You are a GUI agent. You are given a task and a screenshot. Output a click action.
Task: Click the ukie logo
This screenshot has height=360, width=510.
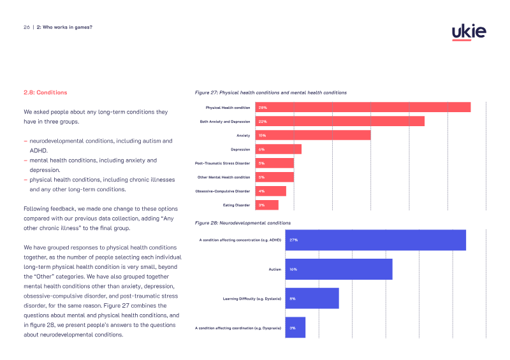(469, 32)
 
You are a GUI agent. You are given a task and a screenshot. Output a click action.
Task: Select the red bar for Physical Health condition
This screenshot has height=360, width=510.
(363, 107)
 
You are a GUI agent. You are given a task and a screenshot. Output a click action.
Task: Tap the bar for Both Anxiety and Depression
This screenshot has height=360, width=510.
(340, 121)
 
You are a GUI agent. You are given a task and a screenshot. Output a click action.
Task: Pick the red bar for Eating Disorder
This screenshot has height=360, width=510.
(266, 205)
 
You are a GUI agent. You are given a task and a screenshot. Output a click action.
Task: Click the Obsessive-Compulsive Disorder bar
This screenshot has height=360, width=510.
(270, 191)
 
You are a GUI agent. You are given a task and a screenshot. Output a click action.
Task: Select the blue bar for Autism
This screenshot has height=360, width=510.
(339, 270)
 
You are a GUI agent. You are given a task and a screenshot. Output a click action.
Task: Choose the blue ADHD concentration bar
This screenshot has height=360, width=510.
(375, 240)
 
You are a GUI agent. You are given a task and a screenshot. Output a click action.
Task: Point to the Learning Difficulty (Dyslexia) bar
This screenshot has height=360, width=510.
(312, 298)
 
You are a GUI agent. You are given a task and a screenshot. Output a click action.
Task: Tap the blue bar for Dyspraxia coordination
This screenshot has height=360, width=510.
(295, 328)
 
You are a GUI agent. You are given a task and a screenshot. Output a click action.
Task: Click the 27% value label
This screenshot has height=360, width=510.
(294, 240)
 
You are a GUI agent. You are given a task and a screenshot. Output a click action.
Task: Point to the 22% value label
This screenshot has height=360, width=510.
(263, 122)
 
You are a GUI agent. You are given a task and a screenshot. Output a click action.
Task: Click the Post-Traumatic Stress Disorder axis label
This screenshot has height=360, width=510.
(222, 163)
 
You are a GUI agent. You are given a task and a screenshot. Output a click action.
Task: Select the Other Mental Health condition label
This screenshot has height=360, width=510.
(224, 177)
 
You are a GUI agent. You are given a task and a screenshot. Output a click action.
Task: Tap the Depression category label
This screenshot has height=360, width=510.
(240, 150)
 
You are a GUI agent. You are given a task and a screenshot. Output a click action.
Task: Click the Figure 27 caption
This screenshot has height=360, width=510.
(270, 92)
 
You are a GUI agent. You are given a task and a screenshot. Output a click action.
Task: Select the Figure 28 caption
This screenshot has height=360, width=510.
(243, 223)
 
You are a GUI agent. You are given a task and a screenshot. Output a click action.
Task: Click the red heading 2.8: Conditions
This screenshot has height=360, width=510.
(45, 92)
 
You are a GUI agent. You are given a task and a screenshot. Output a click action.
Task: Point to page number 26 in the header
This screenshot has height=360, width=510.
(27, 27)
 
